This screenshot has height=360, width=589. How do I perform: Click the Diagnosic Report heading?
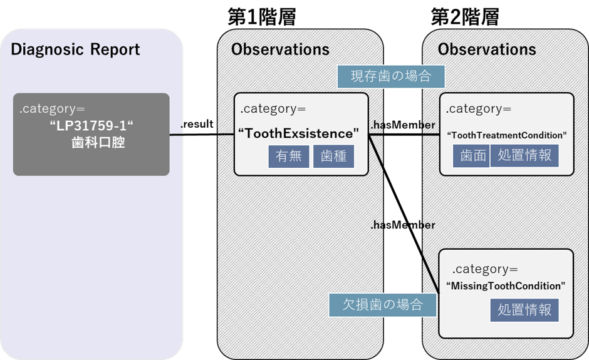click(75, 49)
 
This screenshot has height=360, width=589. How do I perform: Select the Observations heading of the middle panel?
click(280, 49)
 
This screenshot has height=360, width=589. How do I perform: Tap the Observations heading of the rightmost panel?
click(487, 49)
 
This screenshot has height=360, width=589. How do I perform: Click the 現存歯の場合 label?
click(391, 77)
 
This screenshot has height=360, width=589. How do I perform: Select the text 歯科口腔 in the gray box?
click(98, 143)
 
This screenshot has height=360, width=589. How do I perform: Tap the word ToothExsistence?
click(300, 133)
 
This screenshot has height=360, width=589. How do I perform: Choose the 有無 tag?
click(289, 156)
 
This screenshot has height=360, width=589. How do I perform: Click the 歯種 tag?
click(333, 156)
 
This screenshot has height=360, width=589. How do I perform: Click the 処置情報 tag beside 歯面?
click(524, 156)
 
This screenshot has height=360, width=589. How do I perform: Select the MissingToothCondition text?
click(506, 285)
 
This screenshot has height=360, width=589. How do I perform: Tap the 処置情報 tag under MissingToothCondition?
click(524, 309)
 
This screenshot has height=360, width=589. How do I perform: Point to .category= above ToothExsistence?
click(273, 109)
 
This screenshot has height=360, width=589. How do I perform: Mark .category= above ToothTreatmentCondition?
click(479, 109)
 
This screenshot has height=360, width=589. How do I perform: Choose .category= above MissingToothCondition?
click(485, 269)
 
